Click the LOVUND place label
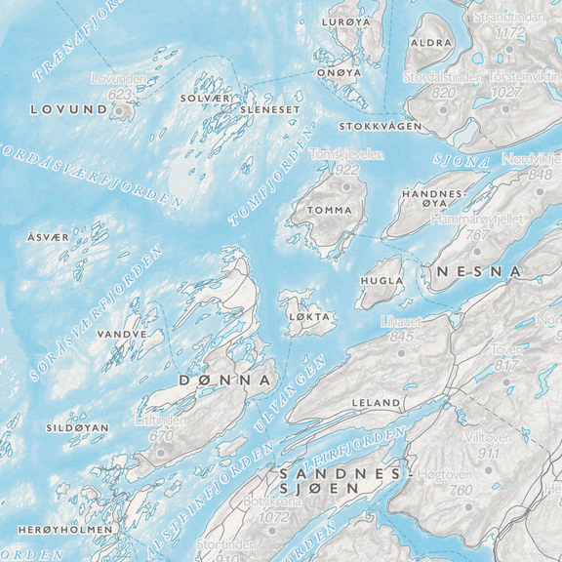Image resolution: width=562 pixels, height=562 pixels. coord(68,110)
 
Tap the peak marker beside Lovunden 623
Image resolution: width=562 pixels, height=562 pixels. coord(121,111)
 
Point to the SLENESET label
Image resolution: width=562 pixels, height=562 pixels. coord(276,110)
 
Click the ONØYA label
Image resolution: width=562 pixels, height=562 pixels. coord(339,72)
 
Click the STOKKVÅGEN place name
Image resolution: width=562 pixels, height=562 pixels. coord(381,127)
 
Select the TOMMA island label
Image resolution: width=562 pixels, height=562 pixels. coord(329,210)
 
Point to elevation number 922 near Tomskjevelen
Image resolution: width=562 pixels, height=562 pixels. coord(346,170)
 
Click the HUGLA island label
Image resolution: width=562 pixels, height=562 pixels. coord(381,281)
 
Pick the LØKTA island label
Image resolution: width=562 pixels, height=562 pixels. coord(310,317)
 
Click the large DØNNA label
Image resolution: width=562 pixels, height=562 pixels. coord(224,380)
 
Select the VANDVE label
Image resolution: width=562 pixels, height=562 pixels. coord(123,334)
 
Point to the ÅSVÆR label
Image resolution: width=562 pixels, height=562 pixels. coord(48,237)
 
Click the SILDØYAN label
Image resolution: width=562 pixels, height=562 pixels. coord(77,427)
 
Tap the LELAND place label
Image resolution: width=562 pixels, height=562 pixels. coord(376,402)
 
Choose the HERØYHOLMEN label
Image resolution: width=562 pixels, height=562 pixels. coord(65,529)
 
